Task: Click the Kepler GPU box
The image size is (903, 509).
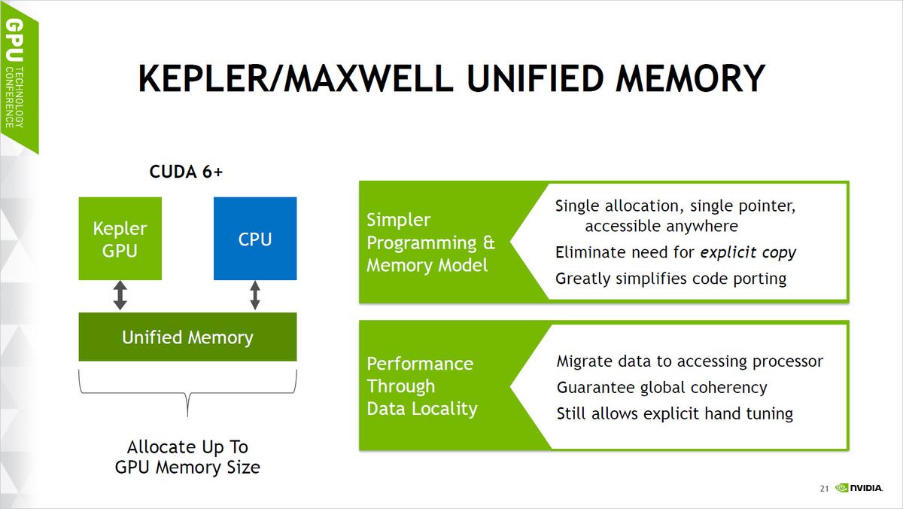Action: pyautogui.click(x=120, y=239)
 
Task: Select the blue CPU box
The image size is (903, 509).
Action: pyautogui.click(x=255, y=239)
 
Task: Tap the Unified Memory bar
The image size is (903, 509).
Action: pyautogui.click(x=187, y=337)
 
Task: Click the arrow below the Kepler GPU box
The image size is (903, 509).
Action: pyautogui.click(x=120, y=295)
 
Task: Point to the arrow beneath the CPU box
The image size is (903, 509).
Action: pyautogui.click(x=255, y=295)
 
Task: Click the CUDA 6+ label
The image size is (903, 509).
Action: pyautogui.click(x=186, y=172)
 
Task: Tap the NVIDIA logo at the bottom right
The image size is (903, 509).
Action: pyautogui.click(x=859, y=489)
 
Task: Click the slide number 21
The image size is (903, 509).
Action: pyautogui.click(x=824, y=489)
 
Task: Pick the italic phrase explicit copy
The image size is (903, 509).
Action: pyautogui.click(x=748, y=252)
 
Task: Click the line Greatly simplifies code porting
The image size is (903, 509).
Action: pyautogui.click(x=670, y=279)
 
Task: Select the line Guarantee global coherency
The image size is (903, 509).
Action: pyautogui.click(x=661, y=388)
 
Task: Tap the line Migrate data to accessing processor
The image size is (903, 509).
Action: pyautogui.click(x=689, y=361)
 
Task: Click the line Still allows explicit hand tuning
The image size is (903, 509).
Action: pyautogui.click(x=674, y=413)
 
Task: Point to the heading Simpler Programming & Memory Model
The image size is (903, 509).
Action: pyautogui.click(x=430, y=242)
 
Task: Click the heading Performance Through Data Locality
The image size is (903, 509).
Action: pyautogui.click(x=421, y=386)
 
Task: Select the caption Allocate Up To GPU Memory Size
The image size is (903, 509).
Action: pyautogui.click(x=187, y=457)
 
